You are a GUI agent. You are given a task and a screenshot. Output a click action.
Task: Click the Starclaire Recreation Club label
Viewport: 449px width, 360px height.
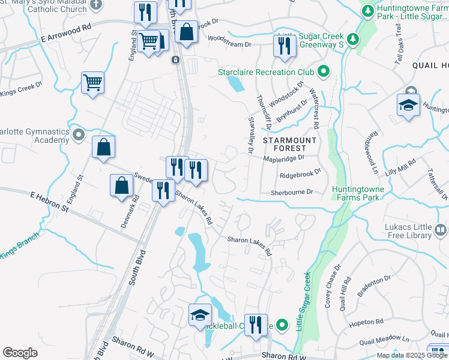click(266, 73)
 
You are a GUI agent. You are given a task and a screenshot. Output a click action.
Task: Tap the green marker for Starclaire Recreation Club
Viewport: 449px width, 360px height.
click(323, 73)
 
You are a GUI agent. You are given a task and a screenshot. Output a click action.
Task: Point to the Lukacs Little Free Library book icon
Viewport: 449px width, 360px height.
click(440, 230)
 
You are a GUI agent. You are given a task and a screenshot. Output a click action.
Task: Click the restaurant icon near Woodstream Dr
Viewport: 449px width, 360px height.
click(283, 46)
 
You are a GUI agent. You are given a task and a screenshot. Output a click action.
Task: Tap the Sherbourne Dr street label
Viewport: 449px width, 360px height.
click(292, 192)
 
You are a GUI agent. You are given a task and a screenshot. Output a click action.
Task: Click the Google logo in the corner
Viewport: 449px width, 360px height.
click(20, 352)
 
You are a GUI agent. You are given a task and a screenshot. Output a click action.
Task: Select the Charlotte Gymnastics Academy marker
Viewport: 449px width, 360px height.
click(78, 136)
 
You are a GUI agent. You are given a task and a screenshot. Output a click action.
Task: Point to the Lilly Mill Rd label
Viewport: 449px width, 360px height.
click(402, 168)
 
